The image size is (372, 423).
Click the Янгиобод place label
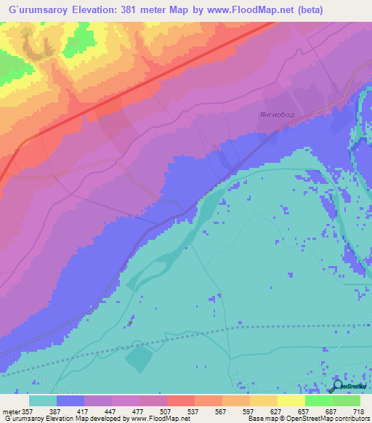(275, 115)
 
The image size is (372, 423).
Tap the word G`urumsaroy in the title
(36, 9)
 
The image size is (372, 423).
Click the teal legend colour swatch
(43, 400)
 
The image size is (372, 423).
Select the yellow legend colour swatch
(291, 400)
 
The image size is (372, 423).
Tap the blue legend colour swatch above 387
(70, 400)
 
